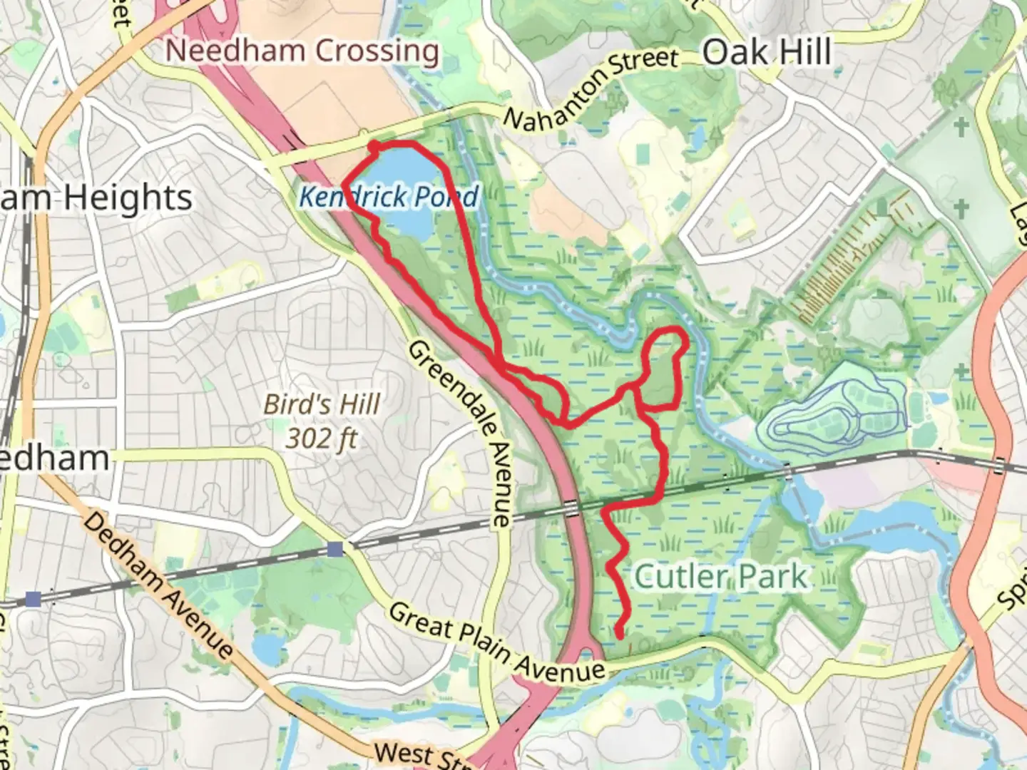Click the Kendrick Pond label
388,196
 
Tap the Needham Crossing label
302,51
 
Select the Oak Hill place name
767,53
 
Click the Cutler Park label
720,576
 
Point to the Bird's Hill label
322,404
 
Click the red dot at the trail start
373,146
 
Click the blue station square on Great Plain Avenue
335,549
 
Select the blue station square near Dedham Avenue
32,598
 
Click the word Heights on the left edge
128,197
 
